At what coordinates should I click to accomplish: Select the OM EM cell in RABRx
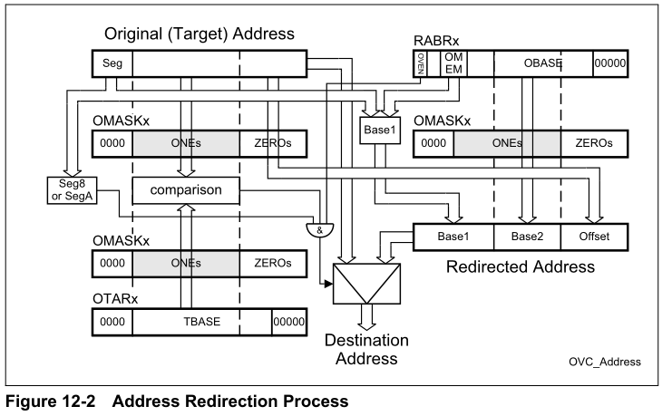click(x=453, y=63)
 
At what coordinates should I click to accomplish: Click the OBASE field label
click(x=542, y=63)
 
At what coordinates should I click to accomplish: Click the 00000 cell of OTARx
click(x=287, y=322)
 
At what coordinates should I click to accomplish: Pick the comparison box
click(x=186, y=190)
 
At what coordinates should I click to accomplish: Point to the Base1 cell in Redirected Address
click(x=451, y=237)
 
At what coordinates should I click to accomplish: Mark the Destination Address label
click(x=366, y=349)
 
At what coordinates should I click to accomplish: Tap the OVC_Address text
click(x=606, y=361)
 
